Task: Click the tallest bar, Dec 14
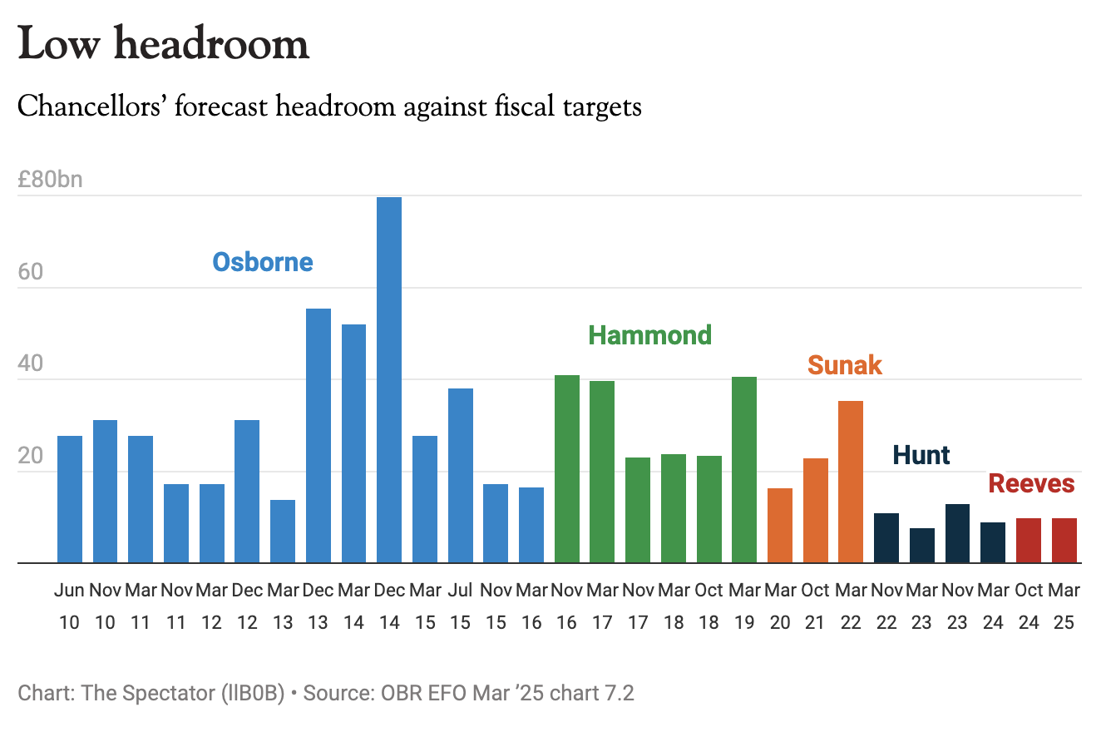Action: pyautogui.click(x=389, y=379)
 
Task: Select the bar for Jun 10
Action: pyautogui.click(x=70, y=499)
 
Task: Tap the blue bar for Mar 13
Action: pyautogui.click(x=283, y=531)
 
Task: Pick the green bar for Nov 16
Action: pyautogui.click(x=567, y=469)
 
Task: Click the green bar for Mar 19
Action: pyautogui.click(x=744, y=470)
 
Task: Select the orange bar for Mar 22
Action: pyautogui.click(x=851, y=482)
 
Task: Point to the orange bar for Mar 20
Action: pyautogui.click(x=780, y=525)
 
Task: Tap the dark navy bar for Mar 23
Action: pyautogui.click(x=921, y=545)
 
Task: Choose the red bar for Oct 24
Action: pyautogui.click(x=1029, y=540)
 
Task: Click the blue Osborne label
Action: pyautogui.click(x=263, y=262)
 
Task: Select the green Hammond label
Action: pyautogui.click(x=650, y=335)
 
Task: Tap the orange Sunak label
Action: pyautogui.click(x=845, y=364)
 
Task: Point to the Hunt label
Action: pyautogui.click(x=921, y=455)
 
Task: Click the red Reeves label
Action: pyautogui.click(x=1031, y=483)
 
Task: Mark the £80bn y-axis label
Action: pyautogui.click(x=50, y=179)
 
